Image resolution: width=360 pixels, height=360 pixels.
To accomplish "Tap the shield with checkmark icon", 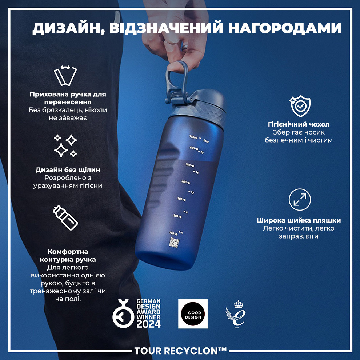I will click(x=300, y=105).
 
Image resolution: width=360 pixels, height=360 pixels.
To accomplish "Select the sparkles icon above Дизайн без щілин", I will click(x=65, y=145).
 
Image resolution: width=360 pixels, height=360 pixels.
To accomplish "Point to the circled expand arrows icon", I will click(x=300, y=200).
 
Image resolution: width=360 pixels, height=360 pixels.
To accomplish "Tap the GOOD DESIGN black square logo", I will click(x=193, y=313).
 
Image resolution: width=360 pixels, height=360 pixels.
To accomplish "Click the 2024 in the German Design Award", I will click(x=148, y=323).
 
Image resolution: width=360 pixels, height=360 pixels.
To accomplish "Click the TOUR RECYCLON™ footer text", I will click(x=180, y=351).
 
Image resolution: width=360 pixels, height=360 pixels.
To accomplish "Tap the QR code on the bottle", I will click(x=175, y=243).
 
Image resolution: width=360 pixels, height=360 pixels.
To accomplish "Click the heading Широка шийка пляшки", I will click(x=299, y=220).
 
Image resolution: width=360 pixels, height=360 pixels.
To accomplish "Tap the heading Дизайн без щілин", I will click(x=68, y=170).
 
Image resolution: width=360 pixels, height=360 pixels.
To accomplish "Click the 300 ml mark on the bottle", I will click(x=181, y=199).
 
